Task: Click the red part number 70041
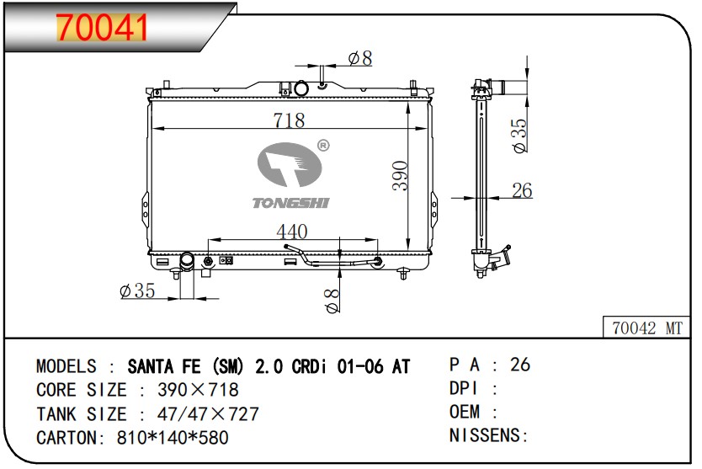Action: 102,28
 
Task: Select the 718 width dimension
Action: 290,120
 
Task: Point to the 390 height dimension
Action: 400,176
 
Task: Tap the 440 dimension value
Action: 292,232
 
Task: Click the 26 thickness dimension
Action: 522,190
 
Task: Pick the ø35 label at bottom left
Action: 137,290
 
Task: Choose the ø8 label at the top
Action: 360,58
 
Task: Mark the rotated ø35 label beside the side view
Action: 519,136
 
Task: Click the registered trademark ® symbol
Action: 322,145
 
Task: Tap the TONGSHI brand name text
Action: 291,203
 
